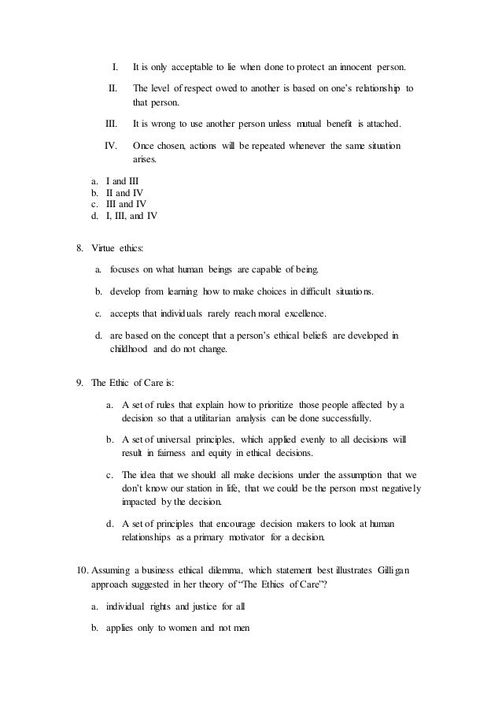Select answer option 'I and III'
click(x=121, y=180)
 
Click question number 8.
click(x=79, y=248)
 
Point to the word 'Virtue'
click(x=105, y=248)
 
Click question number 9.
click(x=79, y=383)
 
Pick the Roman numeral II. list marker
click(x=113, y=87)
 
